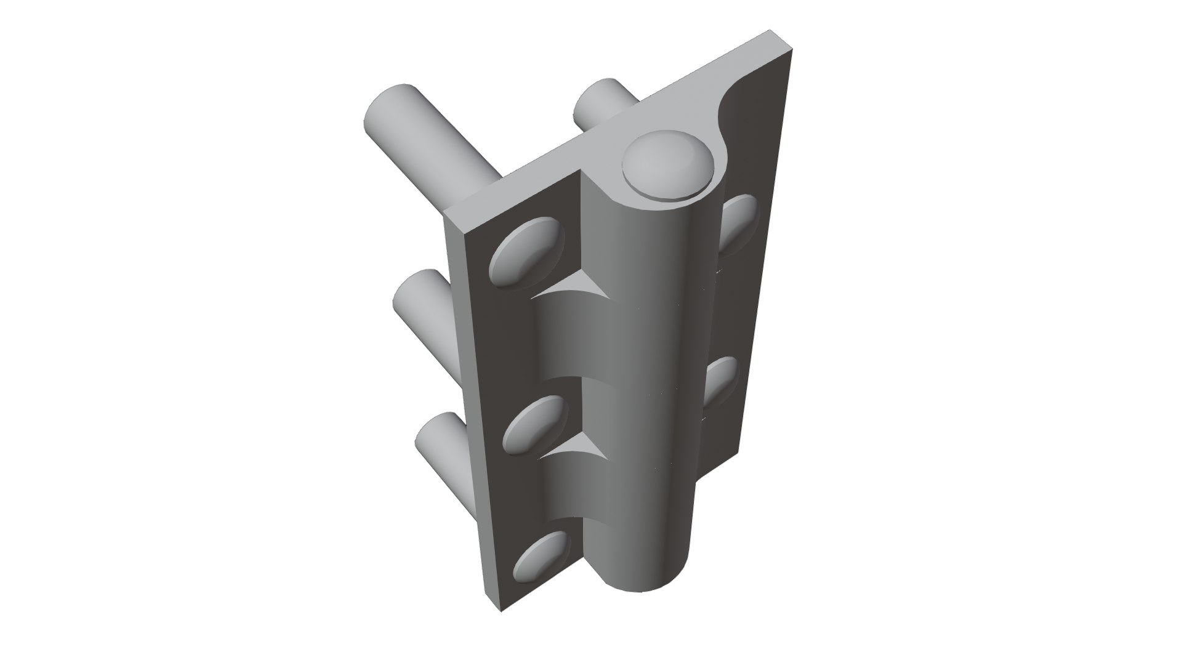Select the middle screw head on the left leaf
pyautogui.click(x=534, y=425)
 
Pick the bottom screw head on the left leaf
pyautogui.click(x=541, y=557)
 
